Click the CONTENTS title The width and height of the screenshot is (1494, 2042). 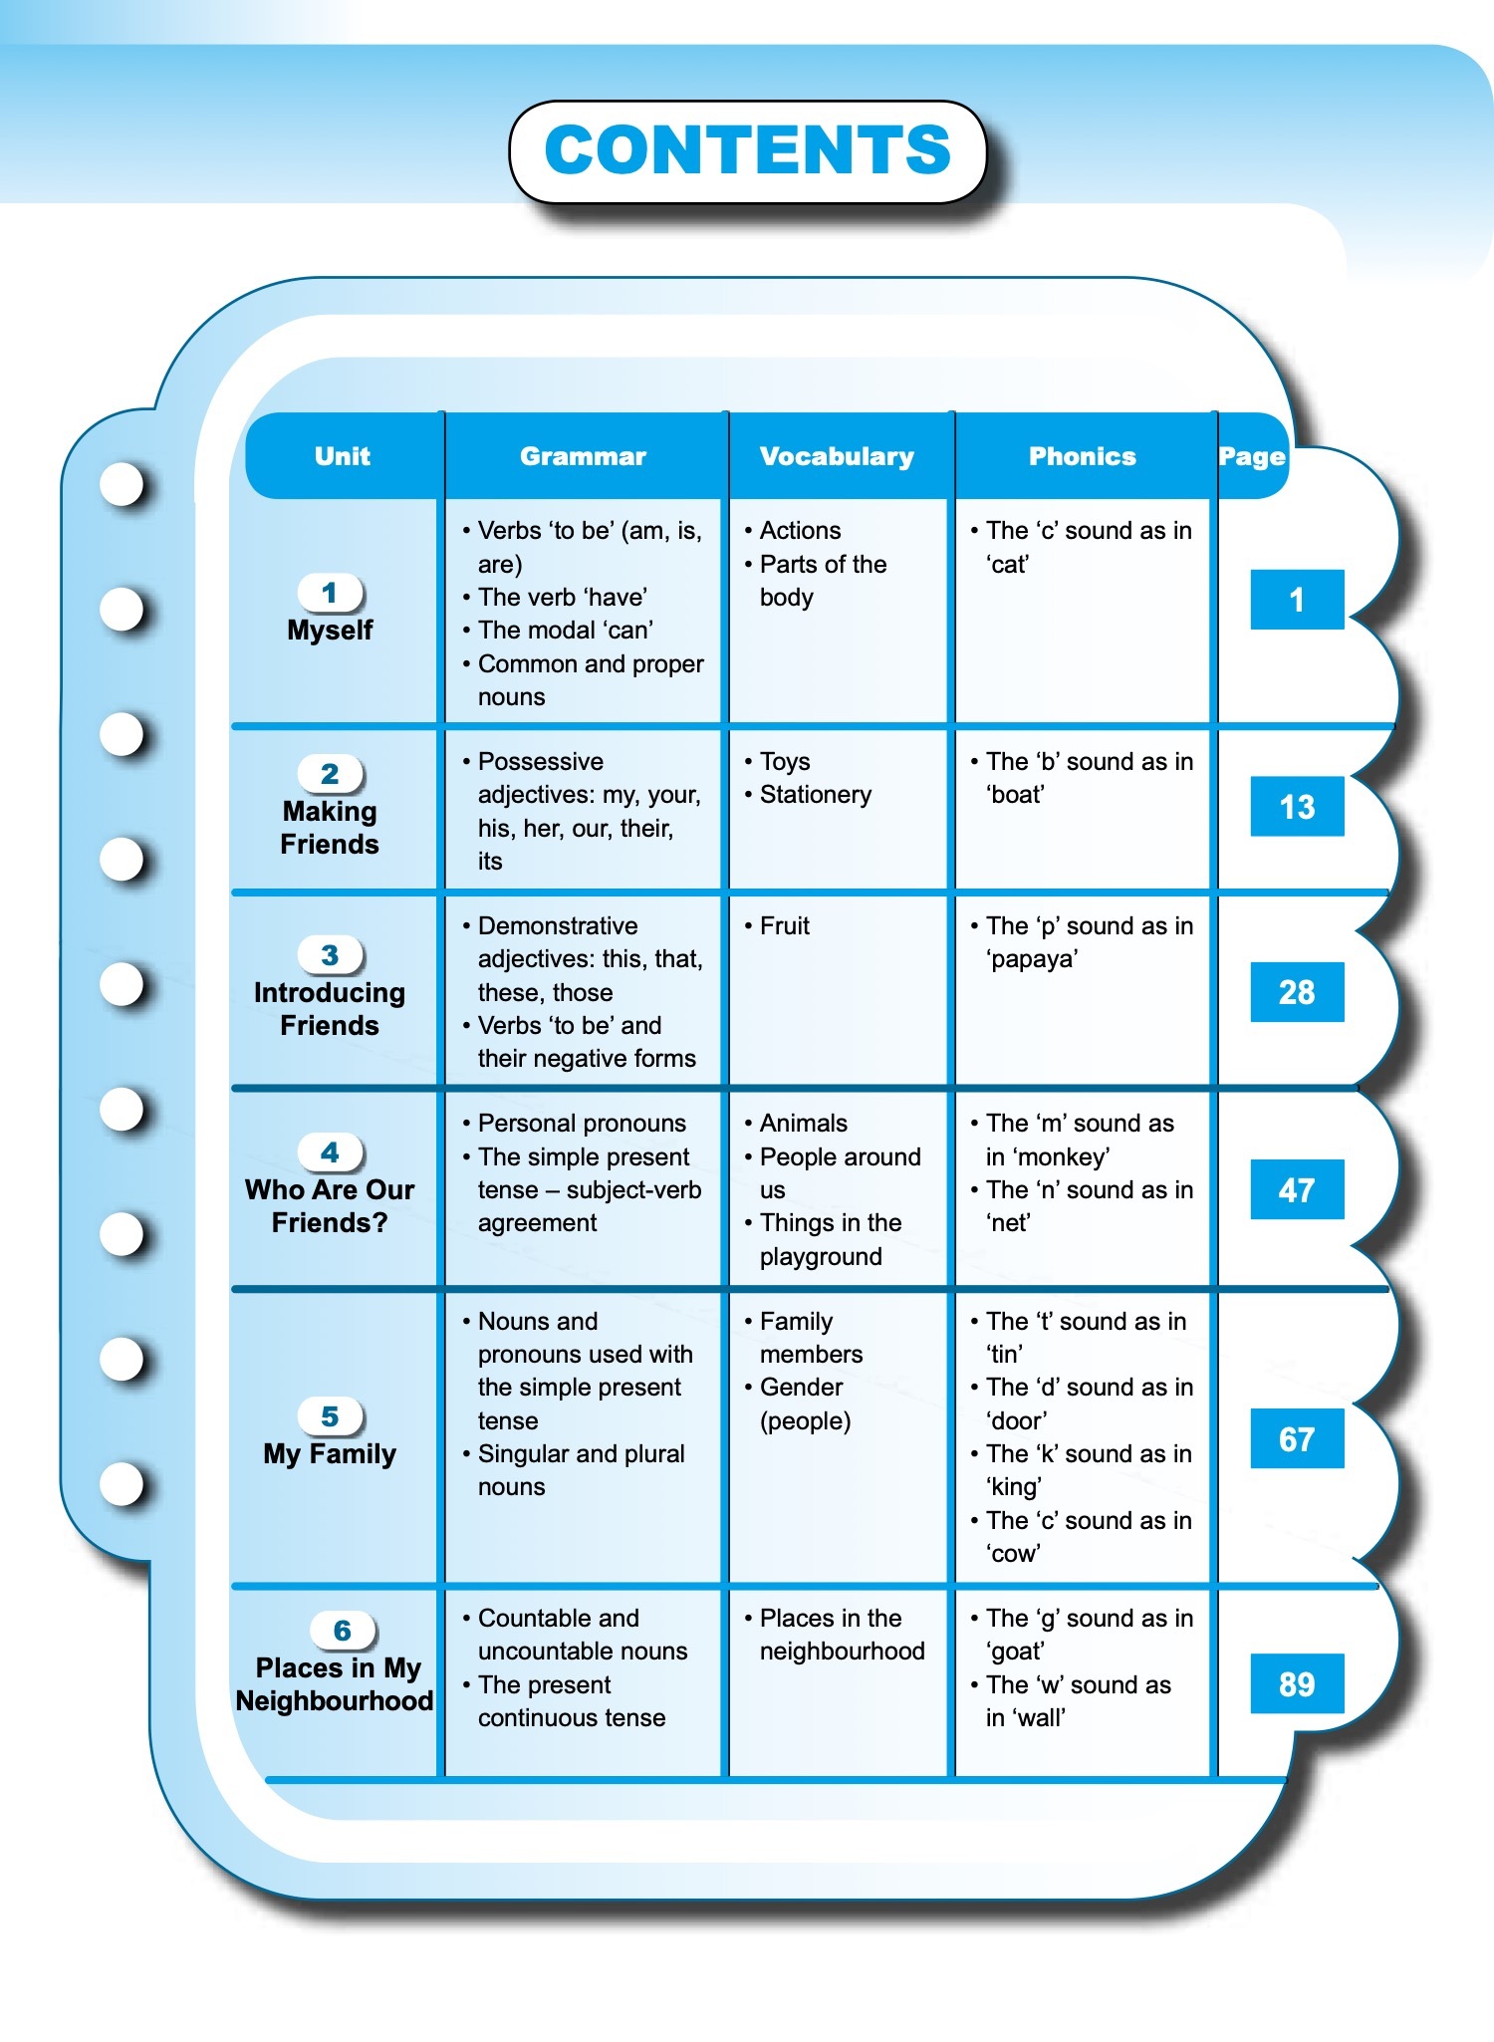(x=748, y=149)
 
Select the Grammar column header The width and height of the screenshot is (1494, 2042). (x=583, y=456)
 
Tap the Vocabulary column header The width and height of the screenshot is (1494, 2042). (x=837, y=456)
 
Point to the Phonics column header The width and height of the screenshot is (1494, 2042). (x=1083, y=456)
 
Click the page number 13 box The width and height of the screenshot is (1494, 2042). (x=1297, y=806)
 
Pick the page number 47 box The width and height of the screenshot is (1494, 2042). (x=1297, y=1189)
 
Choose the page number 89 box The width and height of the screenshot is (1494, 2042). (x=1297, y=1683)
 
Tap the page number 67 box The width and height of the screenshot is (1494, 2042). (x=1297, y=1438)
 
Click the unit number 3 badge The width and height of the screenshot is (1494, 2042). (x=331, y=955)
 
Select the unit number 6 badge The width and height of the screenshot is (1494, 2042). (x=342, y=1631)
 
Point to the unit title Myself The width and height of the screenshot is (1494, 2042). (x=330, y=631)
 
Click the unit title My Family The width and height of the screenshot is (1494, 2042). (x=330, y=1454)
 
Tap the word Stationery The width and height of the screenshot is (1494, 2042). (x=816, y=795)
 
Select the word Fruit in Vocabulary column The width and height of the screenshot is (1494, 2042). (x=785, y=926)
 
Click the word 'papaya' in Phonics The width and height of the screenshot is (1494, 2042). (x=1032, y=959)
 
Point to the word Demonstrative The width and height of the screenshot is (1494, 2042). (x=558, y=926)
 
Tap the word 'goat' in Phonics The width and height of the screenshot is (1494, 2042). (x=1015, y=1652)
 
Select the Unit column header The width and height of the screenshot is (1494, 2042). (x=342, y=456)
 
